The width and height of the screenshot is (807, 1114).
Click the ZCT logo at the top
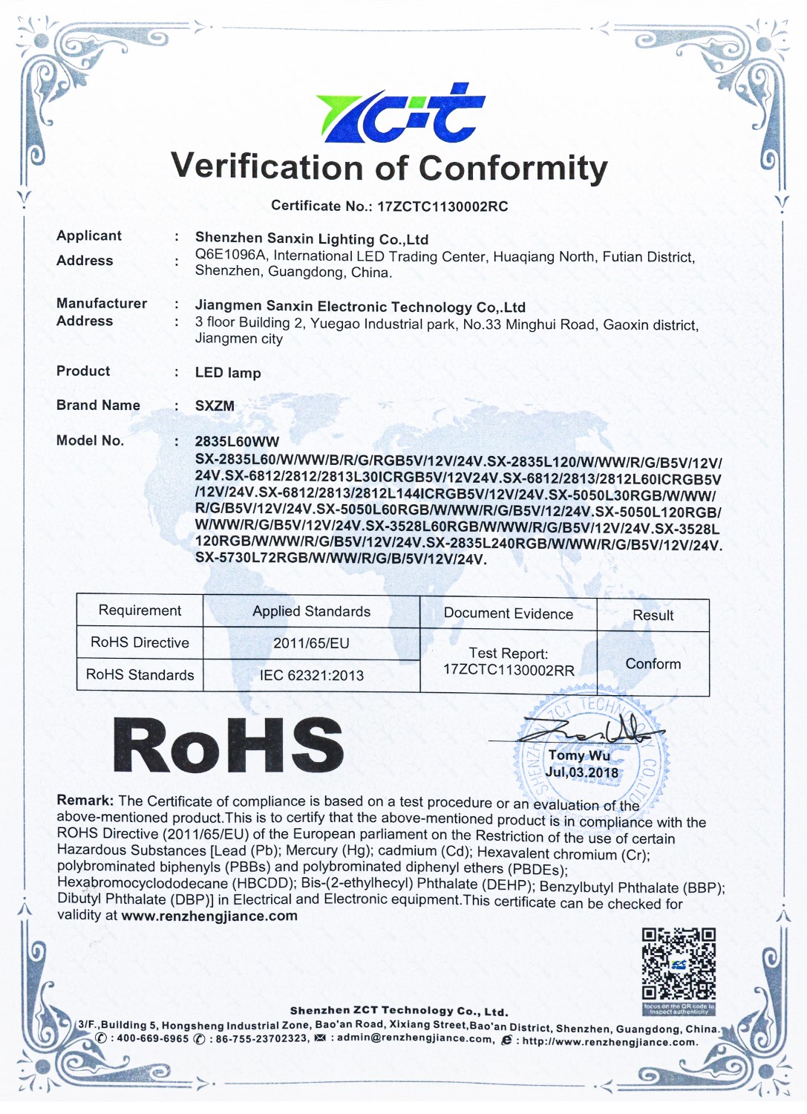401,114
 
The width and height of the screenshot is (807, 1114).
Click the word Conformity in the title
513,169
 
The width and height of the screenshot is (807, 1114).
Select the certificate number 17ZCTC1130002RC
442,206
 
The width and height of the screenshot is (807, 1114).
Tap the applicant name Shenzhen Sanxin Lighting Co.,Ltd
312,239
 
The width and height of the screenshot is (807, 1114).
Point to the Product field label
83,371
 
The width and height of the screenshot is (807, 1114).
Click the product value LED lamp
228,373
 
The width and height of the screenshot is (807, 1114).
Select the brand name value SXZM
215,406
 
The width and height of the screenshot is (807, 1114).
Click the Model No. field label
90,440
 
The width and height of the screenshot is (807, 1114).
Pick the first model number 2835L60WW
237,441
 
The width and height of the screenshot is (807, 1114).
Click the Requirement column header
140,610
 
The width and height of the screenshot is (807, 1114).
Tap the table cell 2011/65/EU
311,643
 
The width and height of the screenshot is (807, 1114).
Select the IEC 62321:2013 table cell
311,675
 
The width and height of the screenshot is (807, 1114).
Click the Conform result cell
653,664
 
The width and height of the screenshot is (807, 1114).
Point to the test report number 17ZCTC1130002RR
509,670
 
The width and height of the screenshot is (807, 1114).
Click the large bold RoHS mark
228,746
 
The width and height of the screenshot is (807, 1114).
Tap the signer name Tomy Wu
579,755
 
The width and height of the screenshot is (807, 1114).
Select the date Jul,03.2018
581,772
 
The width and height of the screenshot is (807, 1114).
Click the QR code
679,964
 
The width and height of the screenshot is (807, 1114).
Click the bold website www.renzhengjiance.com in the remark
209,916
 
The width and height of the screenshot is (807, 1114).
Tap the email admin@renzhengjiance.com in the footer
415,1039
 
